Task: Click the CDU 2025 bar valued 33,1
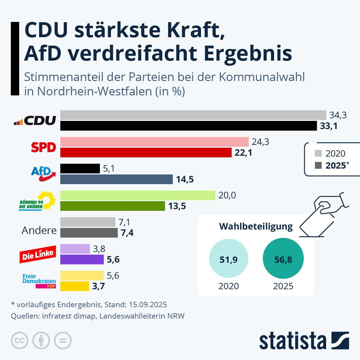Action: click(x=188, y=126)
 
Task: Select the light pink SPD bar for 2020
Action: click(x=154, y=142)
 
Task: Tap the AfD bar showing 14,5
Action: click(x=116, y=179)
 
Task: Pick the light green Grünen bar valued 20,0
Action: click(x=138, y=195)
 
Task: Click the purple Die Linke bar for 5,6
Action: click(x=82, y=259)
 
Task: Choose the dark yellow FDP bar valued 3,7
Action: click(x=75, y=286)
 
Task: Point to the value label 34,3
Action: click(x=338, y=115)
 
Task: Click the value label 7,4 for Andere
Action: click(x=127, y=233)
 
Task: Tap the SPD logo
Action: click(x=43, y=147)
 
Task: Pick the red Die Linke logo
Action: click(x=38, y=255)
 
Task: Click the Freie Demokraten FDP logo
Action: click(x=39, y=281)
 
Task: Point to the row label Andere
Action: click(x=39, y=230)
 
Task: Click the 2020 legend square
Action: click(x=318, y=153)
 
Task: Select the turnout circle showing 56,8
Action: click(x=283, y=259)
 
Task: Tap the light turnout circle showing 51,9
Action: click(x=229, y=259)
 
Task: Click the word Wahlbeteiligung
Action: click(x=256, y=226)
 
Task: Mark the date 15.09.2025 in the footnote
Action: click(x=148, y=305)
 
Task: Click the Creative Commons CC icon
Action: click(x=19, y=340)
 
